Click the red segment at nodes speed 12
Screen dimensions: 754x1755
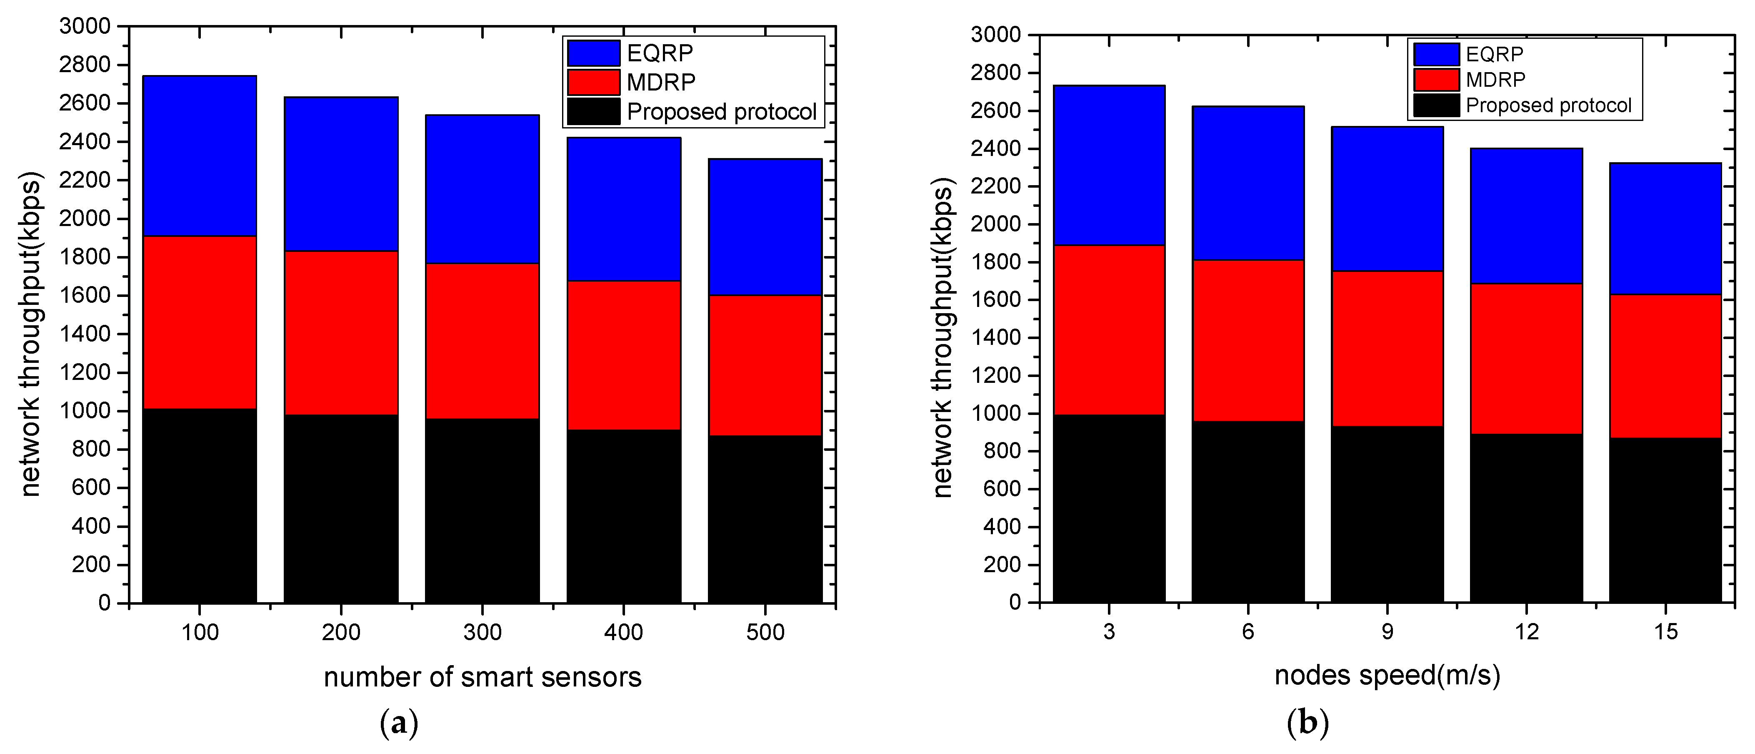[1525, 359]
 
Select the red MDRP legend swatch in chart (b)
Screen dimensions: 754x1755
[1436, 80]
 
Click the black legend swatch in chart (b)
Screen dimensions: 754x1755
[1436, 106]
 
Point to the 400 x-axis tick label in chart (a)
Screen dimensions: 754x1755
[623, 633]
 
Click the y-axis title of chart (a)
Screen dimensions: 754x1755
[31, 334]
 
